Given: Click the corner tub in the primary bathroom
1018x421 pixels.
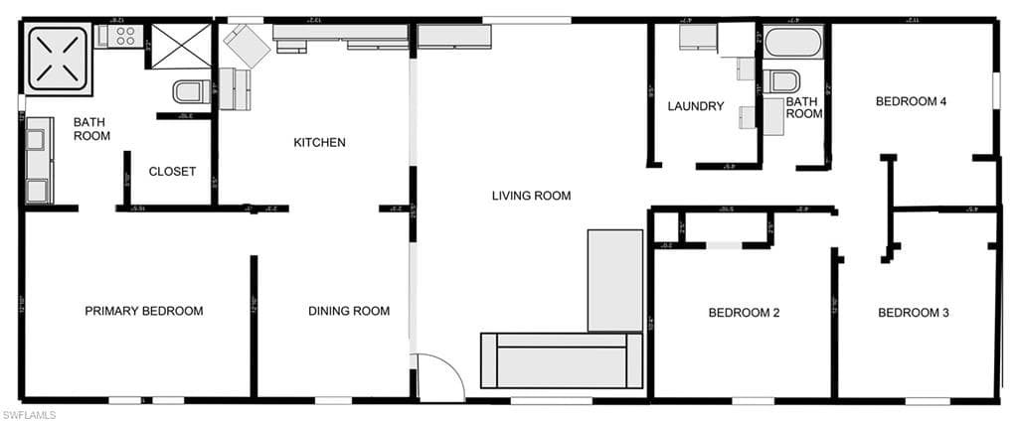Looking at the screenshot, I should click(x=58, y=55).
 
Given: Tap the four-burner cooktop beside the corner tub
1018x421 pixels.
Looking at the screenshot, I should click(x=121, y=37).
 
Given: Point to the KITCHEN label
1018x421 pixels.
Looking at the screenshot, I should click(x=319, y=143).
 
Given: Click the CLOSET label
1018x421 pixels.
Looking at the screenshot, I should click(x=172, y=172).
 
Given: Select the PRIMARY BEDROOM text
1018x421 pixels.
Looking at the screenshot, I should click(x=143, y=312).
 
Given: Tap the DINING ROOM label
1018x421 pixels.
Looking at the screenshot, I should click(x=348, y=312).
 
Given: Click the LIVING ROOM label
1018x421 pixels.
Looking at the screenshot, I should click(x=531, y=197).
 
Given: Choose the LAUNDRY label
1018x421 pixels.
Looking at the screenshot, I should click(x=695, y=107).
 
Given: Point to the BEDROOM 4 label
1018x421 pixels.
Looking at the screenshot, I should click(x=910, y=101).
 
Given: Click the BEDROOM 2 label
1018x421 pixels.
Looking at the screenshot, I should click(x=743, y=314).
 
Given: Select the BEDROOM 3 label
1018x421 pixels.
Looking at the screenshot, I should click(x=913, y=314).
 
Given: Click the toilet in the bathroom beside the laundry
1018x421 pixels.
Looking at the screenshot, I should click(x=784, y=81).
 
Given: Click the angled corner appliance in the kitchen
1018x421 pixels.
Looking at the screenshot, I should click(x=245, y=47).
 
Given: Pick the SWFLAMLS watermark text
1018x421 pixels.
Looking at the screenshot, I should click(x=29, y=413).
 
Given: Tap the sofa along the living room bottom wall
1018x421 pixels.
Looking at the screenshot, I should click(x=563, y=360).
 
